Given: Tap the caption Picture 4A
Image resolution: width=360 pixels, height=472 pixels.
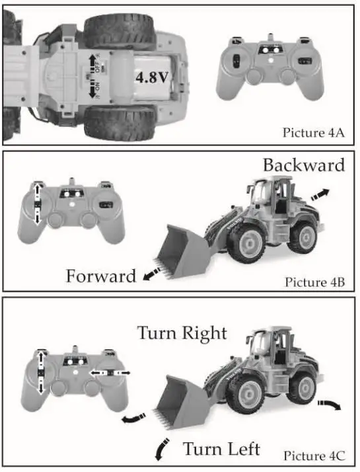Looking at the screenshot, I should tap(314, 132).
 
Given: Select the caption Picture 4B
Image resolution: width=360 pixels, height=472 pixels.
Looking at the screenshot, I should tap(315, 282).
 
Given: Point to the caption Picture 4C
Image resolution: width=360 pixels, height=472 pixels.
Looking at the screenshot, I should tap(314, 455).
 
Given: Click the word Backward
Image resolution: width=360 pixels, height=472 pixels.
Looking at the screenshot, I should tap(303, 165).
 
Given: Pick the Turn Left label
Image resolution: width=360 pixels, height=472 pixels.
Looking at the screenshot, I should tap(221, 450).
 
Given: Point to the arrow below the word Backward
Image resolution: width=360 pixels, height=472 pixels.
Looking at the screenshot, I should tap(320, 194).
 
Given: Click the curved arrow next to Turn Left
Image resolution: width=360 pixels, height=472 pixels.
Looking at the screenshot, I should tap(160, 450).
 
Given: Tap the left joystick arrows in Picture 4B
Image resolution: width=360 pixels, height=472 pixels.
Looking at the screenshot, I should tap(38, 203).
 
